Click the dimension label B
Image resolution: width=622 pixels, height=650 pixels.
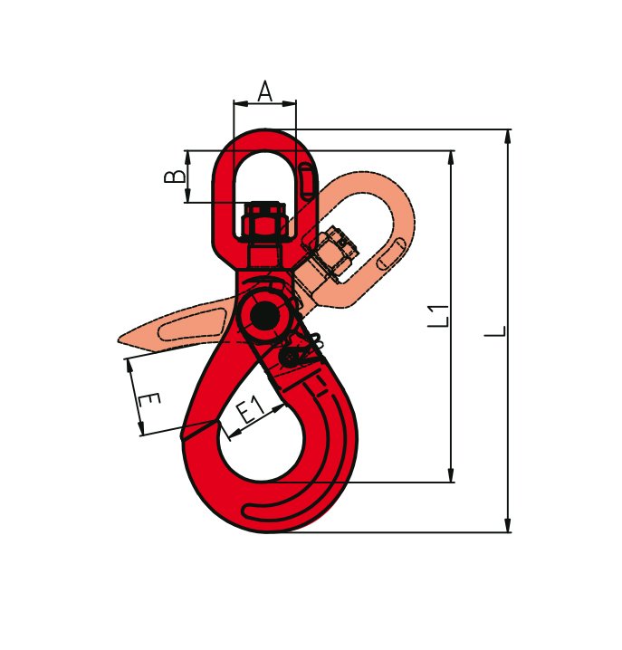(x=175, y=177)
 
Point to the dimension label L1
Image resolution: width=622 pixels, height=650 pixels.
(x=438, y=316)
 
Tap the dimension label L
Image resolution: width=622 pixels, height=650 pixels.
(x=495, y=331)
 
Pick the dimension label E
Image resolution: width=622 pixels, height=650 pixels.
(x=148, y=401)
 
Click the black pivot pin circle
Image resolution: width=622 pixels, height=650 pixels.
(x=263, y=316)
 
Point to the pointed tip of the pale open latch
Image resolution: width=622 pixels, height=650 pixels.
(x=119, y=340)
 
